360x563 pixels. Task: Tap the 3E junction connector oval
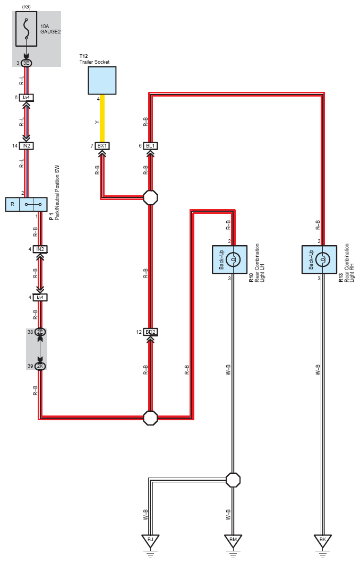[x=26, y=63]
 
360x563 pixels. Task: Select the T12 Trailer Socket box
[x=102, y=80]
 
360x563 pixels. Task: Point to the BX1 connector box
[x=102, y=145]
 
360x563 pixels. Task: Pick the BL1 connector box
[x=150, y=145]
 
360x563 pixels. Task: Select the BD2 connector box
[x=150, y=332]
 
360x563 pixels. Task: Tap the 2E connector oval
[x=40, y=332]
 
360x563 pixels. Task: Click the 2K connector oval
[x=40, y=366]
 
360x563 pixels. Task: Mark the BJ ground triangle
[x=150, y=541]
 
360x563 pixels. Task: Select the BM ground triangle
[x=233, y=541]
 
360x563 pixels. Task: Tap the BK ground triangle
[x=322, y=541]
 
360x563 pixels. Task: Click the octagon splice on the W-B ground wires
[x=233, y=480]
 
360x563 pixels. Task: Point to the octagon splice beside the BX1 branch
[x=150, y=198]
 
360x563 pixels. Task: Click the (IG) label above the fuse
[x=26, y=5]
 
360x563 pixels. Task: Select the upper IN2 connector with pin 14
[x=26, y=145]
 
